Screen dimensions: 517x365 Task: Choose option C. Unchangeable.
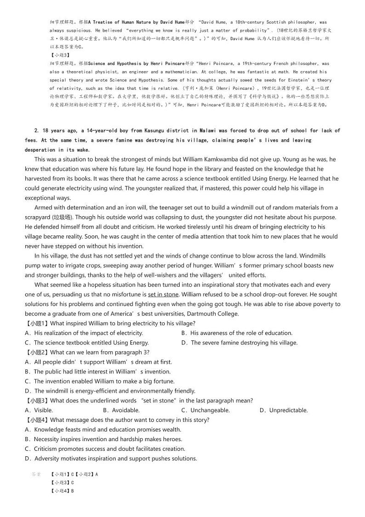205,410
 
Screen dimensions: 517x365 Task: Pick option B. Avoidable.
121,410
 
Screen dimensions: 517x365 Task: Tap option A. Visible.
39,410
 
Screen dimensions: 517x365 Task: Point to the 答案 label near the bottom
36,474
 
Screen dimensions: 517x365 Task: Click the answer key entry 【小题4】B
62,491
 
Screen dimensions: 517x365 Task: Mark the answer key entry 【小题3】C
62,483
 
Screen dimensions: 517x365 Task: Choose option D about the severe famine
240,343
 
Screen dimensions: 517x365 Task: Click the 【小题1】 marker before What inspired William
37,323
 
